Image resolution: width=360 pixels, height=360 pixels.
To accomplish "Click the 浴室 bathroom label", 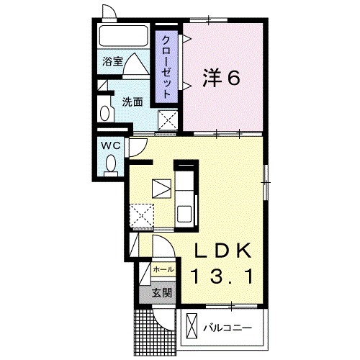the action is (112, 61).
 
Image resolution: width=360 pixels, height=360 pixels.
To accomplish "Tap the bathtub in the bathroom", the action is (123, 36).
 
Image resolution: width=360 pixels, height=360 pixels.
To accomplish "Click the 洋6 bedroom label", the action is (221, 78).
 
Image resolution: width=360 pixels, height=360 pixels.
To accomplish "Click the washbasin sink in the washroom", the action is (104, 113).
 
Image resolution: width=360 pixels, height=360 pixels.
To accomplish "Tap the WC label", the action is (111, 145).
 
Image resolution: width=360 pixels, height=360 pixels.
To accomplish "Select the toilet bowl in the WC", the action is (111, 164).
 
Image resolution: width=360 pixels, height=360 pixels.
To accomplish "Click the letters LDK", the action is (222, 251).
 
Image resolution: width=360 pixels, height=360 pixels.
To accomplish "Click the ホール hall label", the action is (163, 269).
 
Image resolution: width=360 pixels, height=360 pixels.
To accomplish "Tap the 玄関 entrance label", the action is (162, 293).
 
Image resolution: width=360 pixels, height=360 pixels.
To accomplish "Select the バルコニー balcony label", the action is (228, 328).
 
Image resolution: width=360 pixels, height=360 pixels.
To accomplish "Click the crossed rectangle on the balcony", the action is (192, 325).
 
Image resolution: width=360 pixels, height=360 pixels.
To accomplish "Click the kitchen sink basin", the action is (184, 214).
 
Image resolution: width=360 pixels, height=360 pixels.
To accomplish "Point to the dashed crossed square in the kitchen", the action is (141, 215).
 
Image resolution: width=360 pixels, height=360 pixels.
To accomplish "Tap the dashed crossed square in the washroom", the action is (168, 120).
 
